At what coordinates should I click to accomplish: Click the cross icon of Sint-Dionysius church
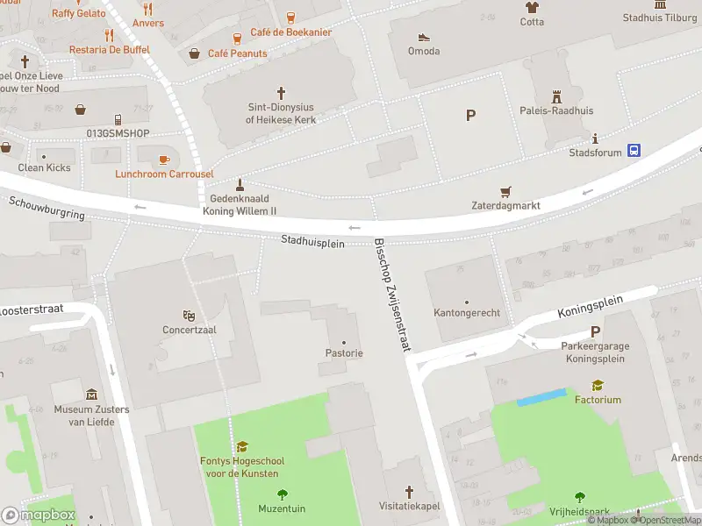pyautogui.click(x=282, y=92)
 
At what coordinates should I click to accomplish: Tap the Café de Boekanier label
pyautogui.click(x=290, y=32)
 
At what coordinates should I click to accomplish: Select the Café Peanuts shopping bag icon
pyautogui.click(x=194, y=53)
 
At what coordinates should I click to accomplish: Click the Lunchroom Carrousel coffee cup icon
pyautogui.click(x=164, y=159)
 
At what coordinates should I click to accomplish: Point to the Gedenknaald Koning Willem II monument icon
pyautogui.click(x=240, y=184)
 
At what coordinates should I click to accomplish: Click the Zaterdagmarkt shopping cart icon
pyautogui.click(x=505, y=191)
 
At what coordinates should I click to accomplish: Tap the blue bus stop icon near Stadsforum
pyautogui.click(x=633, y=151)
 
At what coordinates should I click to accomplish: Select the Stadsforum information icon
pyautogui.click(x=596, y=139)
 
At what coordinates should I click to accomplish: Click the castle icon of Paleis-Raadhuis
pyautogui.click(x=555, y=96)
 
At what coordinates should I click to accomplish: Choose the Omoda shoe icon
pyautogui.click(x=424, y=37)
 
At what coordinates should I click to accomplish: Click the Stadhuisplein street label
pyautogui.click(x=312, y=242)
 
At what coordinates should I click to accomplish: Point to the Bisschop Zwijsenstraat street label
pyautogui.click(x=392, y=295)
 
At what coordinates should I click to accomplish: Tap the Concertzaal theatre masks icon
pyautogui.click(x=189, y=316)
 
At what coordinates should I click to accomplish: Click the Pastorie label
pyautogui.click(x=343, y=352)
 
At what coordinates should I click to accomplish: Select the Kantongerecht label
pyautogui.click(x=466, y=313)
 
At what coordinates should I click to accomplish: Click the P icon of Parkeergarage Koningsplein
pyautogui.click(x=596, y=331)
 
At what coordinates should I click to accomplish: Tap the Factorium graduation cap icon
pyautogui.click(x=598, y=385)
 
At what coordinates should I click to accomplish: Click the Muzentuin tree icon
pyautogui.click(x=282, y=494)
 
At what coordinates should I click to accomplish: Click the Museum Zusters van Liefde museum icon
pyautogui.click(x=91, y=395)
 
